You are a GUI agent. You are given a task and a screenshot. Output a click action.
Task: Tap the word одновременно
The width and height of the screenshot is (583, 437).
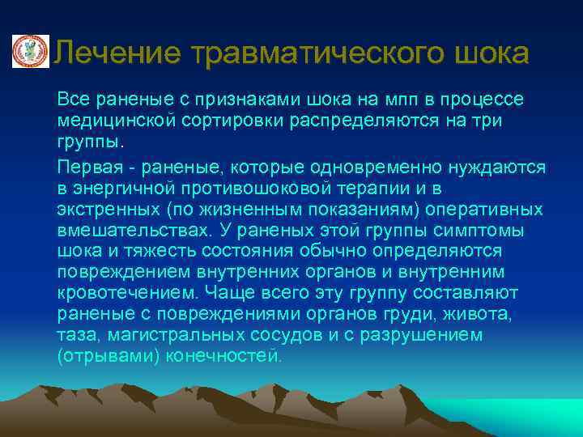[x=370, y=166]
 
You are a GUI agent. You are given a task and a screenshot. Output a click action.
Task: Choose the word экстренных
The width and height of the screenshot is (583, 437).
[x=105, y=210]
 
